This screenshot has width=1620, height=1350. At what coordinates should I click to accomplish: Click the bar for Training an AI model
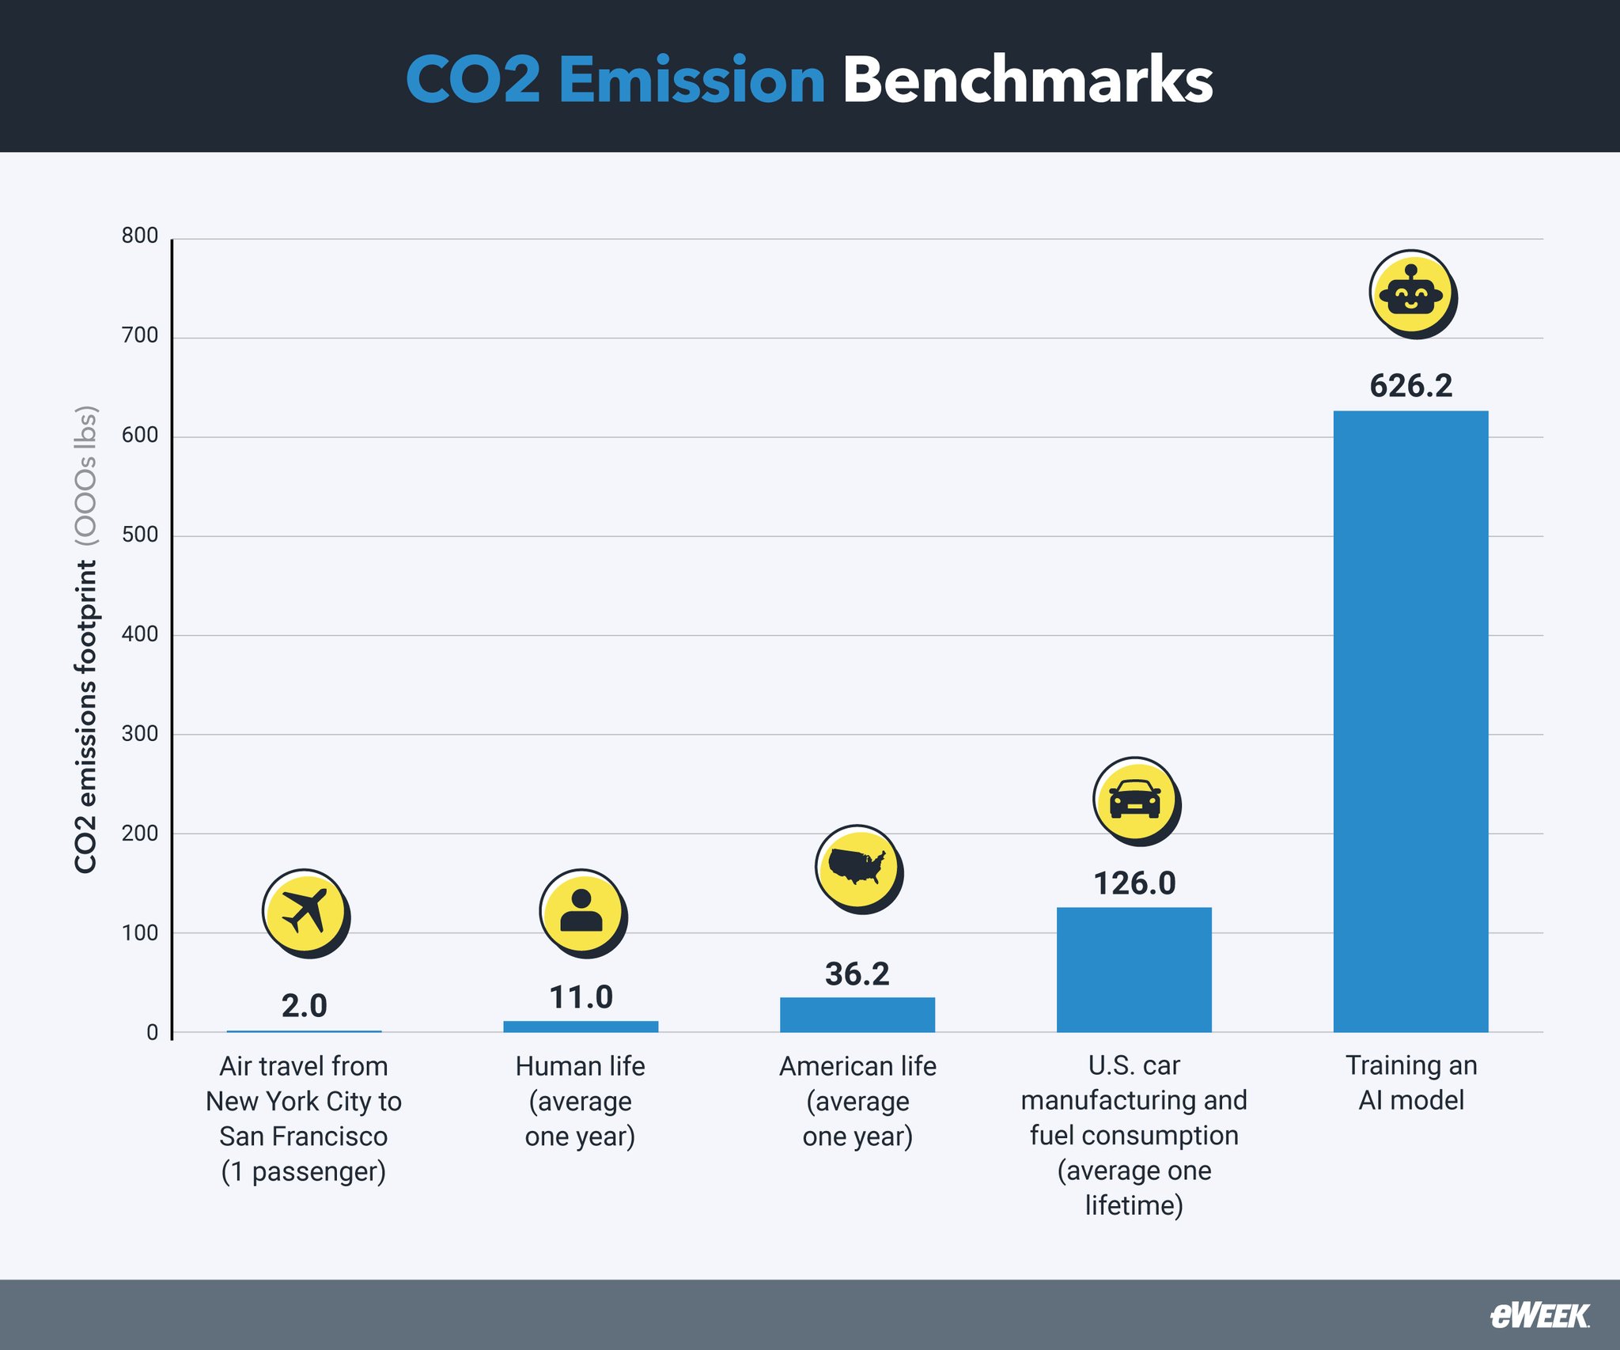point(1410,720)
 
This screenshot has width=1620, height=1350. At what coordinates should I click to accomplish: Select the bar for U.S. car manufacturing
point(1134,969)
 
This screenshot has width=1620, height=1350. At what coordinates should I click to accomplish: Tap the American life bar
point(857,1015)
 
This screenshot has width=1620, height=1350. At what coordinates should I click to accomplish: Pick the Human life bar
point(581,1027)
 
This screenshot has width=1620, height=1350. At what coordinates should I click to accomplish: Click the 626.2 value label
point(1410,386)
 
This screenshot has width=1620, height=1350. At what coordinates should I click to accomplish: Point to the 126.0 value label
point(1134,883)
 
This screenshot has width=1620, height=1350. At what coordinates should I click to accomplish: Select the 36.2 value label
point(857,974)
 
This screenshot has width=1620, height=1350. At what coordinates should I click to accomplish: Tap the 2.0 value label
point(304,1006)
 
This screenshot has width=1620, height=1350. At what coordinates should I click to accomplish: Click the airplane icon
point(305,912)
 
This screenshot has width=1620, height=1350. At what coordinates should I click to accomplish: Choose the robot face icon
point(1410,293)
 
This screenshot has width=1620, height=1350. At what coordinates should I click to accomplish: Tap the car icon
point(1134,800)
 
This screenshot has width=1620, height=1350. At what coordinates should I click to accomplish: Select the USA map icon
point(857,868)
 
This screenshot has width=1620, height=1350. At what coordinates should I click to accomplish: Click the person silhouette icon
point(581,912)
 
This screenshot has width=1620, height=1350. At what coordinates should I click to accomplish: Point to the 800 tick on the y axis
point(140,236)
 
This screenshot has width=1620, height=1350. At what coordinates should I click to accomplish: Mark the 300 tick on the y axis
point(140,733)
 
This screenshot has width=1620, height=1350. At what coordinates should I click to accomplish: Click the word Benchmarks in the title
point(1027,81)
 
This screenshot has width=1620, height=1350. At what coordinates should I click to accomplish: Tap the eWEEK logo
point(1539,1315)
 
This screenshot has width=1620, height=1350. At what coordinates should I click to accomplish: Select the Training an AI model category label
point(1410,1083)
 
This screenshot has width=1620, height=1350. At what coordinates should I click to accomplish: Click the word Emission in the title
point(691,81)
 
